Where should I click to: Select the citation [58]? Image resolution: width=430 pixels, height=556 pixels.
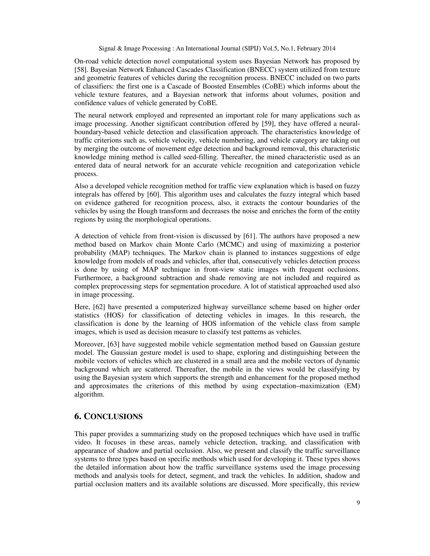click(x=81, y=69)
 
